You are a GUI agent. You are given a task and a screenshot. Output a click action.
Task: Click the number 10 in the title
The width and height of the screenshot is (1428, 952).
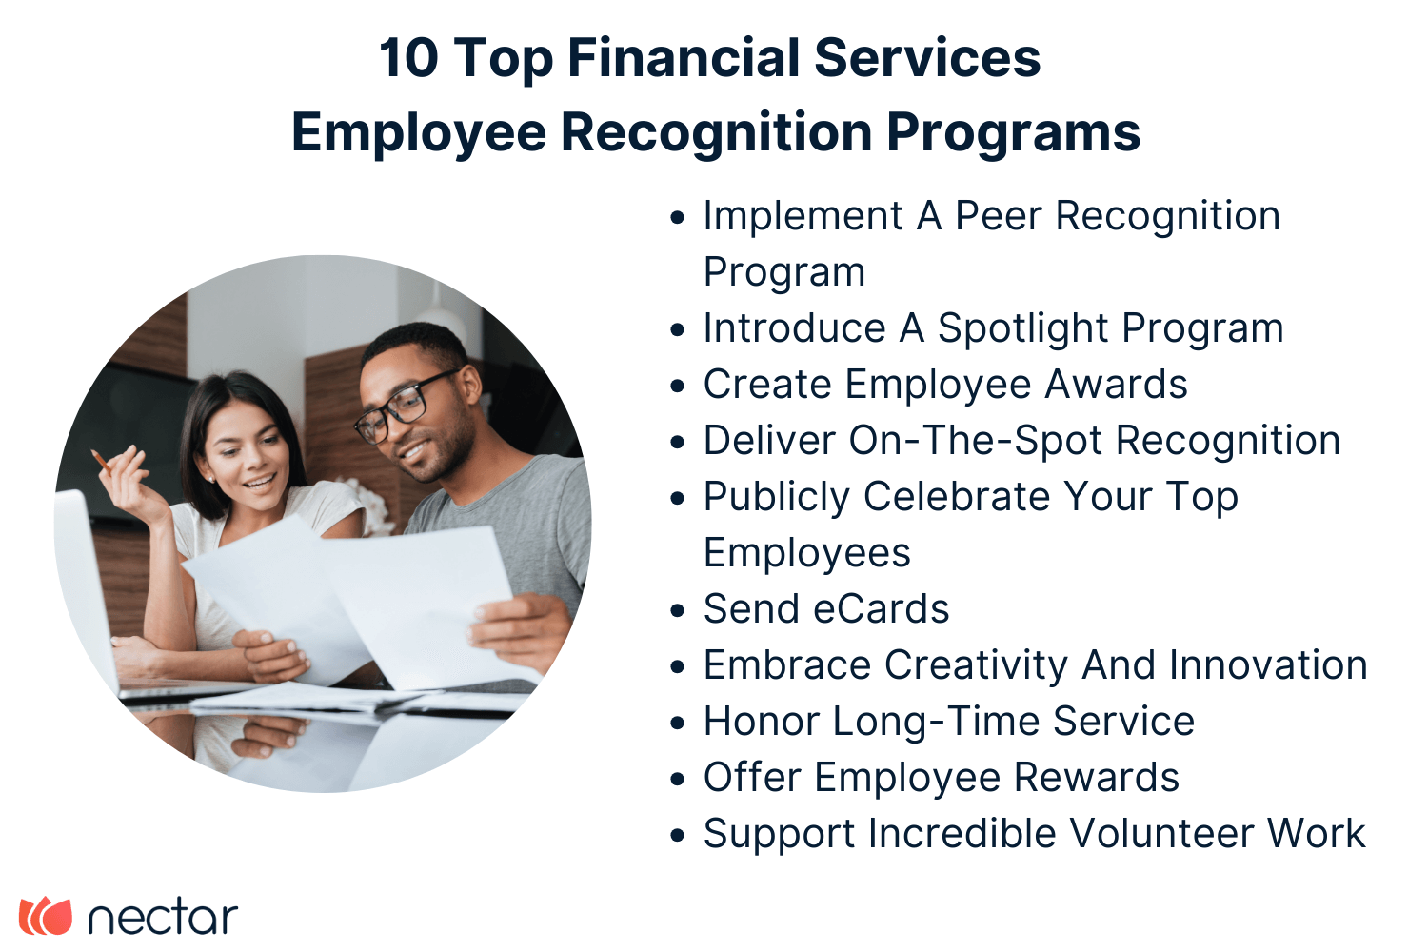coord(408,58)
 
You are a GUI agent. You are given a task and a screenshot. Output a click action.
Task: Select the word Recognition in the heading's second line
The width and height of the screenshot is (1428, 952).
coord(716,132)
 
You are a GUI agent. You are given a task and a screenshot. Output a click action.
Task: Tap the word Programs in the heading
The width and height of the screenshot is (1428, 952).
coord(1013,132)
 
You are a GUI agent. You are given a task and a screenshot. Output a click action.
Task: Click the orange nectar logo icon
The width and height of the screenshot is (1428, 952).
coord(46,916)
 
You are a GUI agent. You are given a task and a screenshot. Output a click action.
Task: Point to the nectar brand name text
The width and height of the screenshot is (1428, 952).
coord(162,917)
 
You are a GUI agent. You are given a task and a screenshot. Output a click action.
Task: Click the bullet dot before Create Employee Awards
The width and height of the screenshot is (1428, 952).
coord(678,387)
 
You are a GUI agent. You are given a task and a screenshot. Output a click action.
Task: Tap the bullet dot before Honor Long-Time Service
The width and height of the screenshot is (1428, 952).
coord(678,724)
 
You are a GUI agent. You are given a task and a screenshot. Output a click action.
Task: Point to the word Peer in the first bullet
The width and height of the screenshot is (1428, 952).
coord(999,216)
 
